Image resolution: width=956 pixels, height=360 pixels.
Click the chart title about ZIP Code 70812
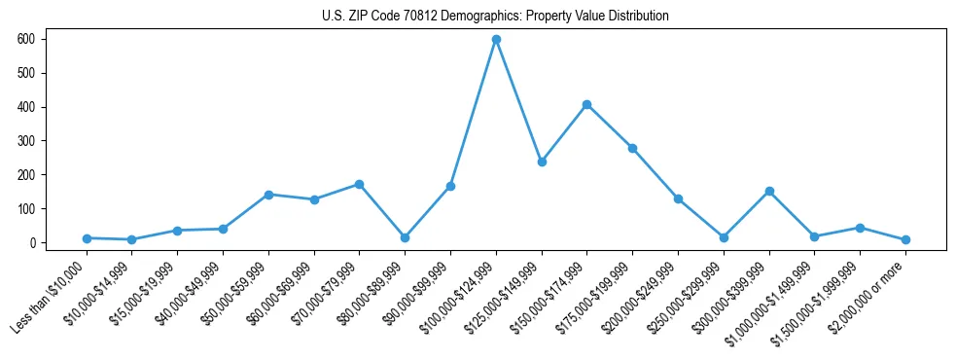(495, 17)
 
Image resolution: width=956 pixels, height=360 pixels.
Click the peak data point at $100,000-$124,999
(496, 39)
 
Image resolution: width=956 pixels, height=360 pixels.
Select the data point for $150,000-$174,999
(587, 104)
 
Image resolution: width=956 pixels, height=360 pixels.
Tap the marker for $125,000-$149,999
(542, 162)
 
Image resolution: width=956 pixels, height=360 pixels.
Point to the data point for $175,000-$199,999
(632, 148)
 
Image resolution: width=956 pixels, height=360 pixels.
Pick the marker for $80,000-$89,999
(405, 237)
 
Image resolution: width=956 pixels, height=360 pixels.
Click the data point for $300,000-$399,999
(769, 191)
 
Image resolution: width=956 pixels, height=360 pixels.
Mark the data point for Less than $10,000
(87, 238)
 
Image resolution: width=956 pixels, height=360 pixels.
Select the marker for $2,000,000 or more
(905, 239)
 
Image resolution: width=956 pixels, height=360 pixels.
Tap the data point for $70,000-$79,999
(360, 184)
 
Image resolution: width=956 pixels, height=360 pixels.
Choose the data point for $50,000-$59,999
(268, 195)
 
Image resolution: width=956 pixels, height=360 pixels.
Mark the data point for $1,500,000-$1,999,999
(860, 228)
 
